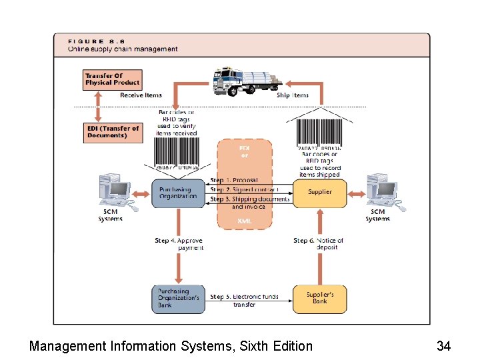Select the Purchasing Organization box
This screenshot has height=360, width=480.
point(178,193)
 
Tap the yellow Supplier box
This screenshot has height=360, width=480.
point(320,193)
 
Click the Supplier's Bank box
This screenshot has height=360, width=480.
point(320,298)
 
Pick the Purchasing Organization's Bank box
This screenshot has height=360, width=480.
point(178,298)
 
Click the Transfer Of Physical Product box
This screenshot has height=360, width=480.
point(113,79)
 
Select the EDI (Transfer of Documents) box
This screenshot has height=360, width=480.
point(113,132)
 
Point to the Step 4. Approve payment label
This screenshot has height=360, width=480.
point(181,244)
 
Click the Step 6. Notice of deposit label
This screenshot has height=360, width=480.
point(319,244)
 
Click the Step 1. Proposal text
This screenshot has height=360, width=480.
point(234,180)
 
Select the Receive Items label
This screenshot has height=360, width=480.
point(141,95)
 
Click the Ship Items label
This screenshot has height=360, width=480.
point(293,95)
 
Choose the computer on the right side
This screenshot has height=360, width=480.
point(382,191)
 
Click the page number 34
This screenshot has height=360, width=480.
point(444,346)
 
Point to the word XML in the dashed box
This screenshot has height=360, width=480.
point(245,221)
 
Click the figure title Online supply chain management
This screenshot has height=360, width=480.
point(123,49)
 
